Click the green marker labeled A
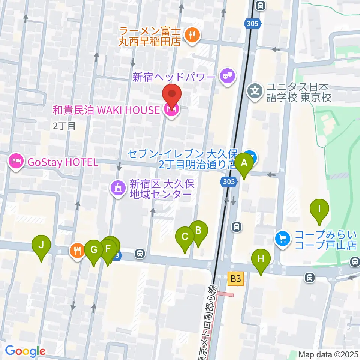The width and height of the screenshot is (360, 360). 244,163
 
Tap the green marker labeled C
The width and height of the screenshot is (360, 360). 185,237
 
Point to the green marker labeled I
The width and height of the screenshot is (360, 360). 319,209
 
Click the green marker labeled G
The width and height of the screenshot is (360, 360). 94,250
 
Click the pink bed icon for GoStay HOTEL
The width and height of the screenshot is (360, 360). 15,162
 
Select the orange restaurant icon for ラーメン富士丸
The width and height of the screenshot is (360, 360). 192,36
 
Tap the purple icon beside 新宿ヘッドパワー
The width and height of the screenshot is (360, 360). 227,77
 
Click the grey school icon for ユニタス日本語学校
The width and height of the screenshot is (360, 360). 255,91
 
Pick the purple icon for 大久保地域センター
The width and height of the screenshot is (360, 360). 118,187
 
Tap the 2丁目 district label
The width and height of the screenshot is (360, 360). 64,126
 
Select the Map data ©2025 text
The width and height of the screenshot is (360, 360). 328,354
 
